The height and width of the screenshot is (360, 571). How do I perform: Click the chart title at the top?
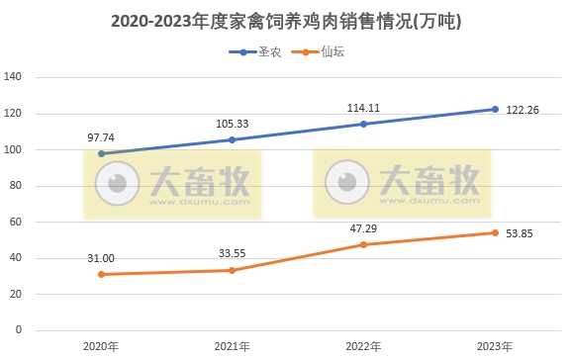285,19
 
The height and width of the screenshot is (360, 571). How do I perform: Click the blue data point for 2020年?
101,153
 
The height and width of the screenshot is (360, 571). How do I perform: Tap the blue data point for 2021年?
233,139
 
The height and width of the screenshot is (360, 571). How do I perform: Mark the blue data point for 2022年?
363,124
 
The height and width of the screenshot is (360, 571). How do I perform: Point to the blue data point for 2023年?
495,109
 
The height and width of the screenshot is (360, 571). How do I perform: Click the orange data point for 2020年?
101,274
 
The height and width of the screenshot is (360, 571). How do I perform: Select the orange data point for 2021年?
233,270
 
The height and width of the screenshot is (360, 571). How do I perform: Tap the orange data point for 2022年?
363,244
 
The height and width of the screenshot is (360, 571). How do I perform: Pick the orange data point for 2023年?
495,232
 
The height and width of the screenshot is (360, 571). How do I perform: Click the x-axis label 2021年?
233,346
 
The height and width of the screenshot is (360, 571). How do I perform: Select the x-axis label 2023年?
495,346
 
